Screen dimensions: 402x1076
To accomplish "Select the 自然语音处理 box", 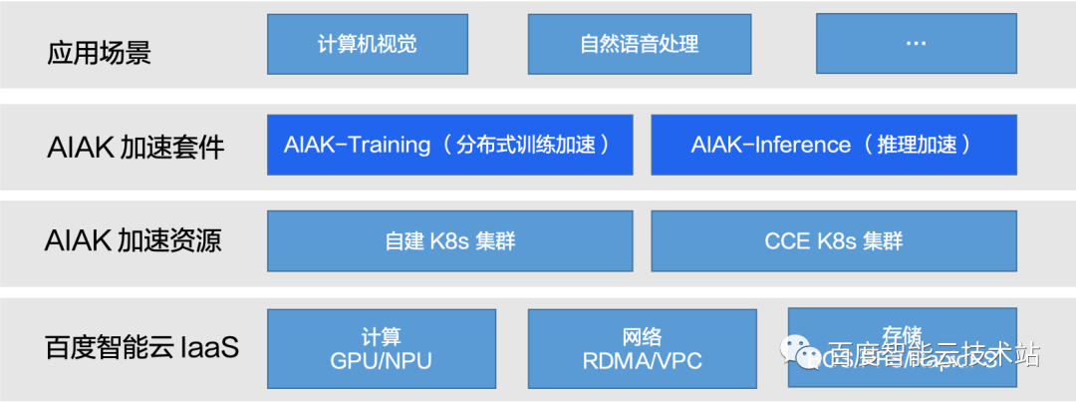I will (x=639, y=44).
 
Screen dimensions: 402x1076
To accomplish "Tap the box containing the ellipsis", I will (x=916, y=44).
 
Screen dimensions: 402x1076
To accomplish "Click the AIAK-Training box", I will (x=450, y=145).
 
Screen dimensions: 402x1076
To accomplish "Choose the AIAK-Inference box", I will (x=833, y=145).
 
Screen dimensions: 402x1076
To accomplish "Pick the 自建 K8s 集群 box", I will (x=450, y=240).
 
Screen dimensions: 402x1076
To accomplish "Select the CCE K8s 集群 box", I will (x=833, y=240).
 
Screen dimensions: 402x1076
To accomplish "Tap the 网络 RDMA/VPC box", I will (x=638, y=348).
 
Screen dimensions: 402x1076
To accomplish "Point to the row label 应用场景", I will (x=99, y=52).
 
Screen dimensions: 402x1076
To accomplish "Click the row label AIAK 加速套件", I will (x=135, y=149).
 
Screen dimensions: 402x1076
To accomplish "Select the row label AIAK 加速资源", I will (x=134, y=241).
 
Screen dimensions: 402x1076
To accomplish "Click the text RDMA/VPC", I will (x=638, y=361).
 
